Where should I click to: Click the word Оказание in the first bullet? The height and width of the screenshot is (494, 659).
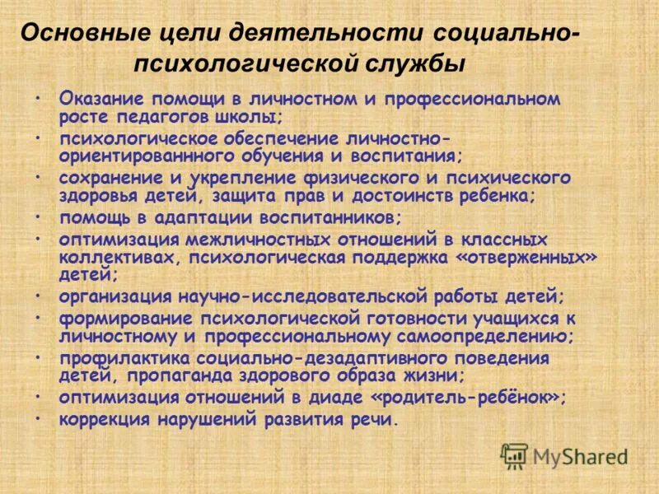pyautogui.click(x=99, y=98)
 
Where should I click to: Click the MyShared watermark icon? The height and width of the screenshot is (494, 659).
pyautogui.click(x=514, y=456)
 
